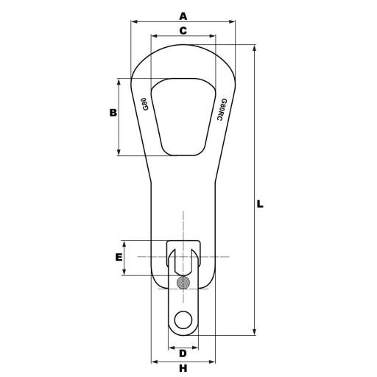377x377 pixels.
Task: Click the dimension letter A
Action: pos(183,15)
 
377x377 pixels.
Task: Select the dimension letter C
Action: pos(183,30)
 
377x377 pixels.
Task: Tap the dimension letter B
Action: pos(113,113)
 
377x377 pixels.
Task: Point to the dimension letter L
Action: pos(260,204)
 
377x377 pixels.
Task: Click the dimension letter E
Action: pos(118,258)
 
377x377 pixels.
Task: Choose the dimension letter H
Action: pos(183,368)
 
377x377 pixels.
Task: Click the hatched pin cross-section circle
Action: pos(183,282)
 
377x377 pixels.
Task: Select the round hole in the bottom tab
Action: pos(183,320)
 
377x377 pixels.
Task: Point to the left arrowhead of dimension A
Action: pos(133,22)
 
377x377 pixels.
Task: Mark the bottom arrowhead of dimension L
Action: pos(254,333)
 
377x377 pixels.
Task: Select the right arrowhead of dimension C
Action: pos(213,36)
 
